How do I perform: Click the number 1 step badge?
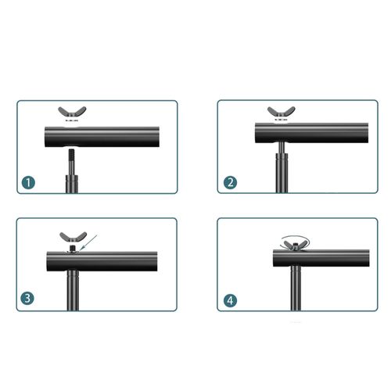coord(28,182)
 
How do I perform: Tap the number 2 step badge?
coord(231,182)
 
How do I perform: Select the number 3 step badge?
coord(27,298)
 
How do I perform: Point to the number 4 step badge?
coord(231,300)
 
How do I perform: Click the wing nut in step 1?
coord(72,113)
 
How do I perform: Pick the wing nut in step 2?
coord(282,113)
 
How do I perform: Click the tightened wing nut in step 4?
coord(295,246)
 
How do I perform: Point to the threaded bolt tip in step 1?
coord(71,155)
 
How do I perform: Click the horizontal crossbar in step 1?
coord(102,137)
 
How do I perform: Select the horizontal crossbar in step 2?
coord(311,133)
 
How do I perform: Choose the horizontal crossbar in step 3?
coord(102,261)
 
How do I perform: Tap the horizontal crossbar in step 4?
coord(321,258)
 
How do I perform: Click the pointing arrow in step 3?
coord(88,242)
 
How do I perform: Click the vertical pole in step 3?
coord(73,291)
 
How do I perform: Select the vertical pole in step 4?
coord(296,288)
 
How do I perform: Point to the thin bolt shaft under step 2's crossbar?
coord(282,148)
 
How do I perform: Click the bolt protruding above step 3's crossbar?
coord(72,248)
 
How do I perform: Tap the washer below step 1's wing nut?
coord(72,120)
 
